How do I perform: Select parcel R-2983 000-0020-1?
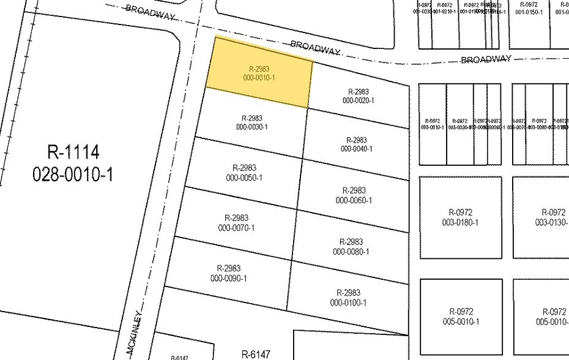359,96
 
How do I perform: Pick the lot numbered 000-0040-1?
356,144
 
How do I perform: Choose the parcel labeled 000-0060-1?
354,195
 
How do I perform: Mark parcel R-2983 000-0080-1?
351,247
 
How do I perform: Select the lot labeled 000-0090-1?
229,273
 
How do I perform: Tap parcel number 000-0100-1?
348,298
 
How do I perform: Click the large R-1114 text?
73,151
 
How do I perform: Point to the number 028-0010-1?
73,174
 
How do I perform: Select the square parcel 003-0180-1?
459,217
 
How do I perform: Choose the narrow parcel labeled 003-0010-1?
433,124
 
